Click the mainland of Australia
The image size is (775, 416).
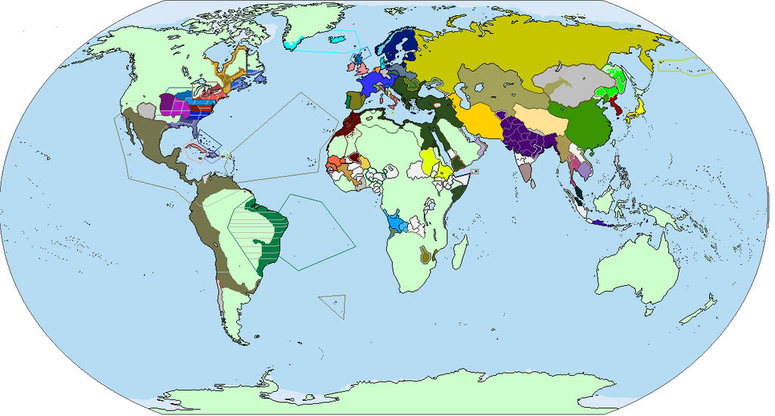click(636, 265)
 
